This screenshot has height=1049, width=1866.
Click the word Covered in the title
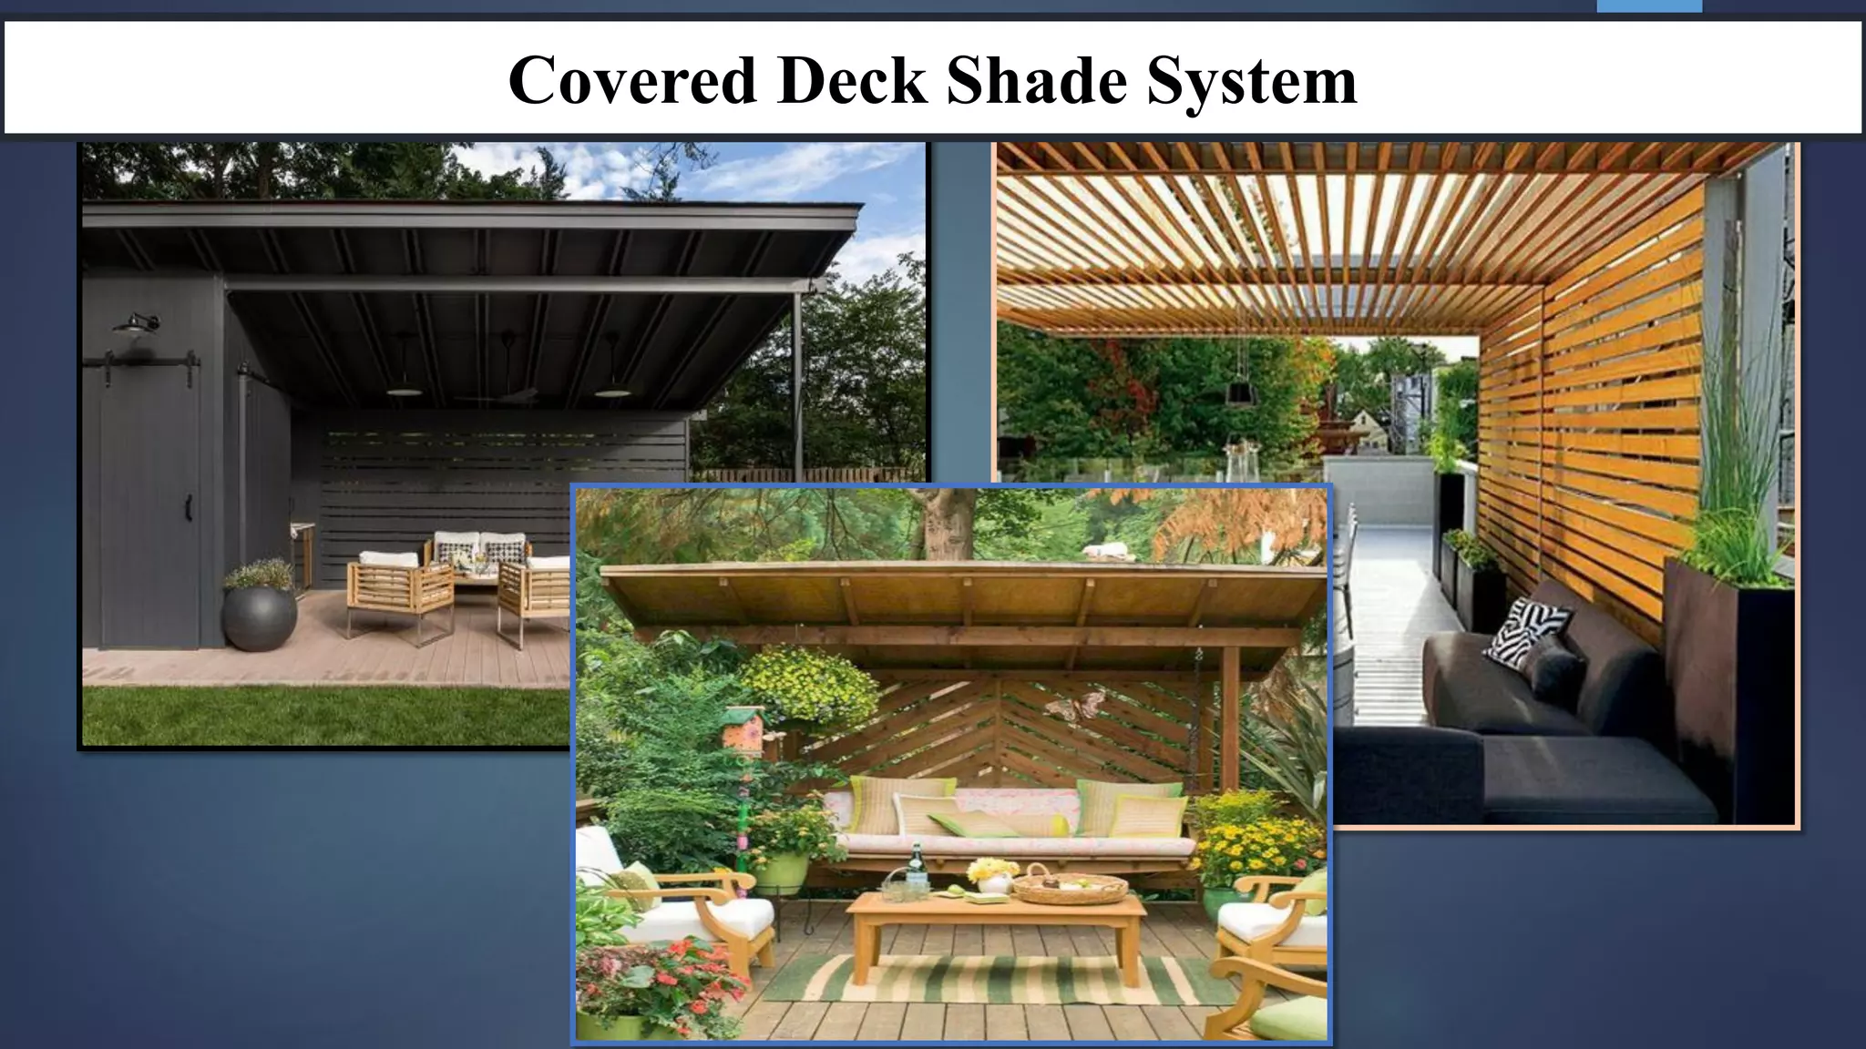(x=632, y=80)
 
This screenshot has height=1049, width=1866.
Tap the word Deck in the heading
(x=852, y=80)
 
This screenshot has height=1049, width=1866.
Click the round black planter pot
(x=260, y=617)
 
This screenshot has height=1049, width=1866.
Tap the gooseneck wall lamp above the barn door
(x=137, y=325)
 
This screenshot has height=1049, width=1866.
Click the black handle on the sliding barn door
(x=190, y=509)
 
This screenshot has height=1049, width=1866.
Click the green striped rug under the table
(x=993, y=979)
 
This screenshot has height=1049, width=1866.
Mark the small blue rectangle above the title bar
(x=1649, y=6)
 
